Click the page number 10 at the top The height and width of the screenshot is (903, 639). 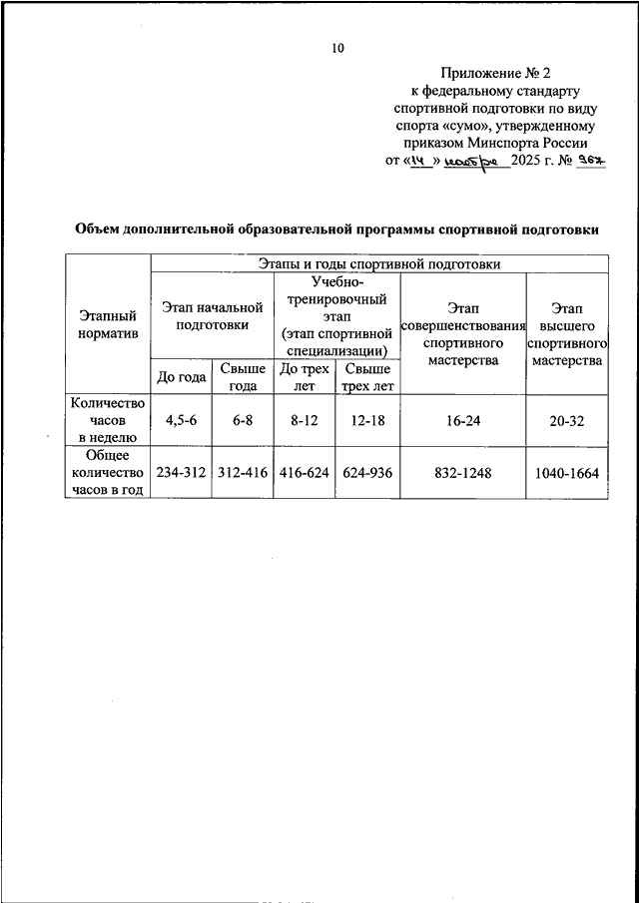point(337,47)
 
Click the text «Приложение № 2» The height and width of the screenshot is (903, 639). point(495,73)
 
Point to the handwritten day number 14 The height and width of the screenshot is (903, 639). point(416,161)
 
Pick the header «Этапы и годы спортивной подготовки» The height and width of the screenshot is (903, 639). point(378,263)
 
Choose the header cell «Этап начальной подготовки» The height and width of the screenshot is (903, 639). point(211,316)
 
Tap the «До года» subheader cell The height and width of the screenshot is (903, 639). point(180,376)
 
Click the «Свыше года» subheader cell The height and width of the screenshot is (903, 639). point(242,376)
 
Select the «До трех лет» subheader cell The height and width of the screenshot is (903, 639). point(305,376)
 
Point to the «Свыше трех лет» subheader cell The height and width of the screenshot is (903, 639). point(367,376)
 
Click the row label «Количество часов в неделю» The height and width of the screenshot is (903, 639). point(108,420)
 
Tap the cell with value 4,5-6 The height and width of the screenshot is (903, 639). point(180,420)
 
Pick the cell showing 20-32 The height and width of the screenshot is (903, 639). point(567,420)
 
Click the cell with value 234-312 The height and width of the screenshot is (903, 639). point(180,473)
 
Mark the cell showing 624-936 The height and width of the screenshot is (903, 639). point(367,473)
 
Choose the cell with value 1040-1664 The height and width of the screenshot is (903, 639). point(567,473)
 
